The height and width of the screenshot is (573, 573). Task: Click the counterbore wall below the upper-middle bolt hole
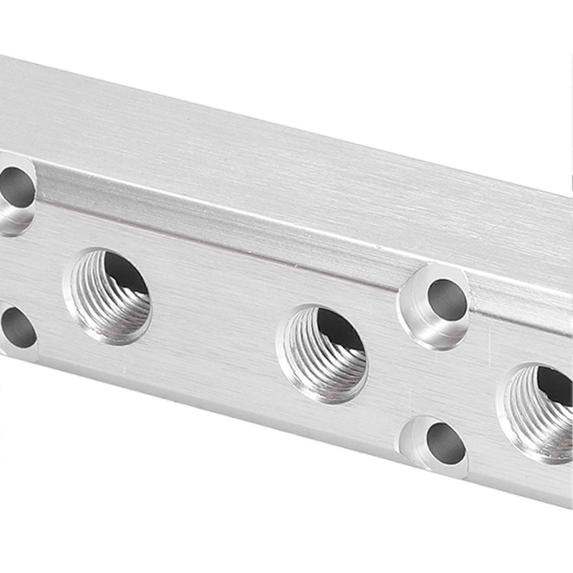tap(433, 333)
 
